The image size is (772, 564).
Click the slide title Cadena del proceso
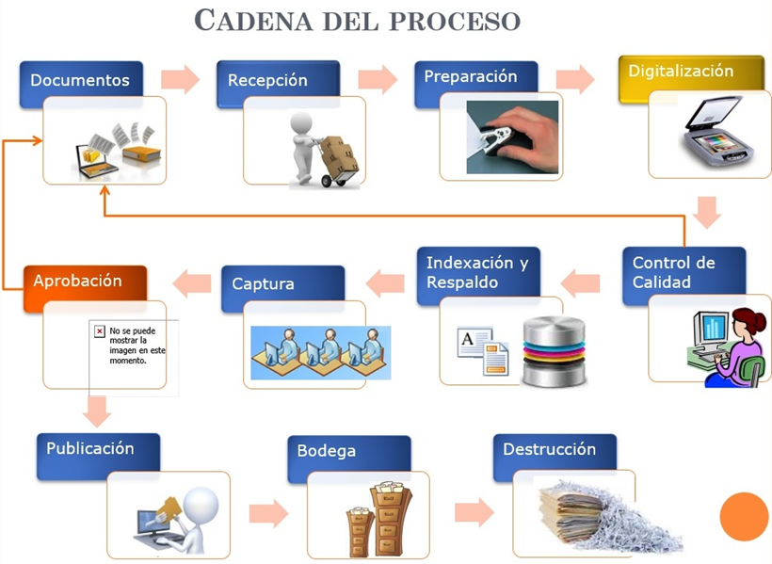[x=357, y=20]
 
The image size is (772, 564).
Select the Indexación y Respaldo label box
[x=478, y=272]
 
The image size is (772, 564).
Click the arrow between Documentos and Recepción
[x=180, y=80]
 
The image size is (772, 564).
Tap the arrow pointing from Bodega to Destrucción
[x=474, y=512]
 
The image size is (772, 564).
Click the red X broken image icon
[x=99, y=331]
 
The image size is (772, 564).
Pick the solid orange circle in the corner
[x=744, y=517]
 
